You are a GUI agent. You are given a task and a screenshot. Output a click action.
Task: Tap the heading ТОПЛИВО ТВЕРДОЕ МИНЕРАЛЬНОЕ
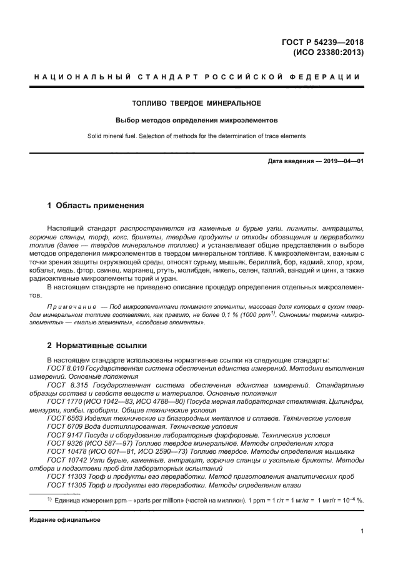pyautogui.click(x=196, y=102)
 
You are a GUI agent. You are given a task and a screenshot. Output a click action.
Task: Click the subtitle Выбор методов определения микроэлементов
pyautogui.click(x=196, y=119)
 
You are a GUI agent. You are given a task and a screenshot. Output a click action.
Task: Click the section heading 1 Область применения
pyautogui.click(x=96, y=205)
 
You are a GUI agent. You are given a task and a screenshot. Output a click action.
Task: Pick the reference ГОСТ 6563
pyautogui.click(x=64, y=417)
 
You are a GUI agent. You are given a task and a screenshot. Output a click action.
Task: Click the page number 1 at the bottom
pyautogui.click(x=362, y=531)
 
